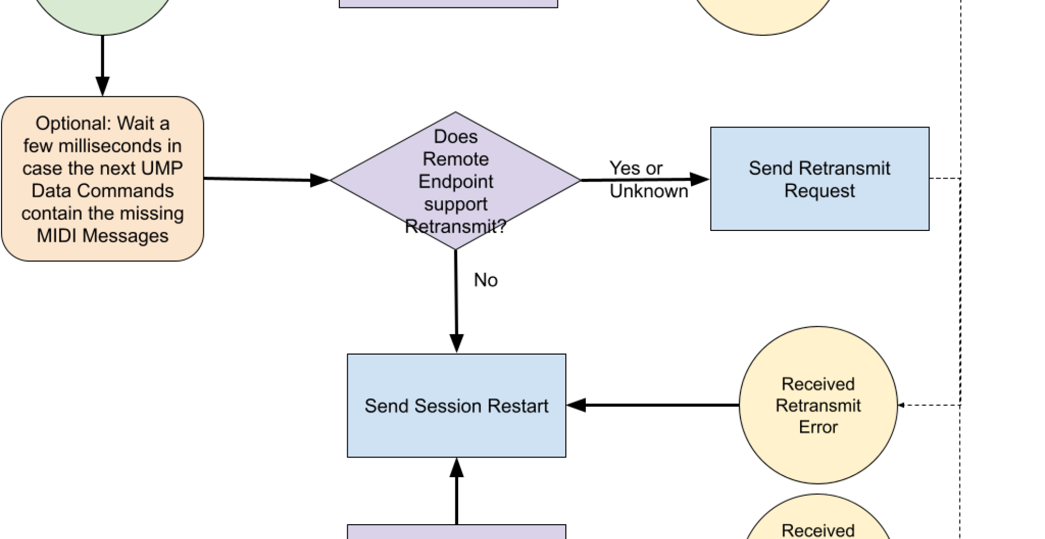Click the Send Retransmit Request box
(820, 179)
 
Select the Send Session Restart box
(457, 405)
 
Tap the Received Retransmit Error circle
(818, 405)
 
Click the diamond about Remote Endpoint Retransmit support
(455, 180)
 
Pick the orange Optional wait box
(102, 179)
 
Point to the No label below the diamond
(486, 280)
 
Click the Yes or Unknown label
(649, 180)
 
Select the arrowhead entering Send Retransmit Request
(700, 180)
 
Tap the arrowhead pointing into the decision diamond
(320, 180)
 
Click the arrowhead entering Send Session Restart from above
(457, 343)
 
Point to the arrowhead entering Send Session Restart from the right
(576, 405)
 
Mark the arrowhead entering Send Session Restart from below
(457, 468)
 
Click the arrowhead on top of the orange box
(102, 86)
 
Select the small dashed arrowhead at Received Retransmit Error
(901, 405)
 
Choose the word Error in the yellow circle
(818, 427)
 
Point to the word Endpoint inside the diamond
(455, 182)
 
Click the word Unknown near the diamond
(649, 191)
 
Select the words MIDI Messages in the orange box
(102, 236)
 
